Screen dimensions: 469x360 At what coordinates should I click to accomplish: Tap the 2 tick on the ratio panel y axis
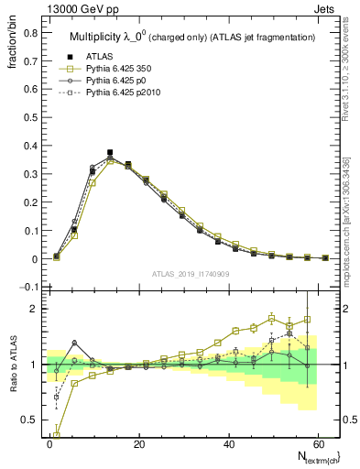35,309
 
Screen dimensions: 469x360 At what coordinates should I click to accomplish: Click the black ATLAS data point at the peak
110,153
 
